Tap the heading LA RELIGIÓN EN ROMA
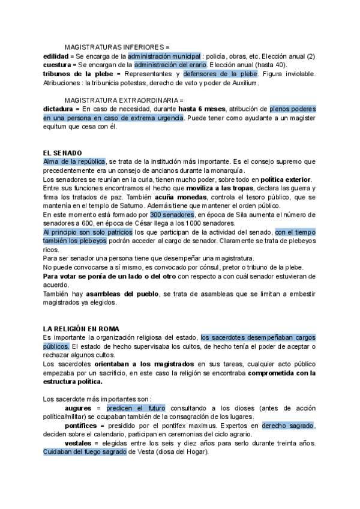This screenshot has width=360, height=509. [x=81, y=329]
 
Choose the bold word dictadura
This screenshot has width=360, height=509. [x=58, y=109]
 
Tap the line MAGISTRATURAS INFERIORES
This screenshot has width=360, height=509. [x=117, y=47]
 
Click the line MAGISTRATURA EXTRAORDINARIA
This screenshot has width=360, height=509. [x=124, y=100]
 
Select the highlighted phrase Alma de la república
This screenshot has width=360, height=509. [x=74, y=162]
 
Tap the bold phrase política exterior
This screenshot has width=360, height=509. [x=286, y=179]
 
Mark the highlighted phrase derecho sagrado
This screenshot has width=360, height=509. [x=288, y=426]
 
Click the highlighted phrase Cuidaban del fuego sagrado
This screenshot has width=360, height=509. [x=85, y=452]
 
